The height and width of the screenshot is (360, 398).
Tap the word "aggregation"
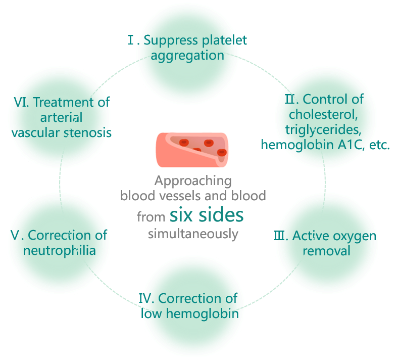pyautogui.click(x=187, y=55)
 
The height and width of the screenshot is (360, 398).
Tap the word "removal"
pyautogui.click(x=326, y=251)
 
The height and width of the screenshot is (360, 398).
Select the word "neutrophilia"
pyautogui.click(x=60, y=250)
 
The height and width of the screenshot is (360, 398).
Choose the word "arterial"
pyautogui.click(x=61, y=117)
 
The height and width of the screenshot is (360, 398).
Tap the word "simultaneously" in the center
pyautogui.click(x=193, y=234)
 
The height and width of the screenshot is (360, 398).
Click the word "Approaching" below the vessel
pyautogui.click(x=193, y=181)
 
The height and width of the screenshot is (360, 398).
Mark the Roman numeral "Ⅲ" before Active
pyautogui.click(x=280, y=236)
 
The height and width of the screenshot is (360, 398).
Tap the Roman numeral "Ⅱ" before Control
pyautogui.click(x=290, y=99)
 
